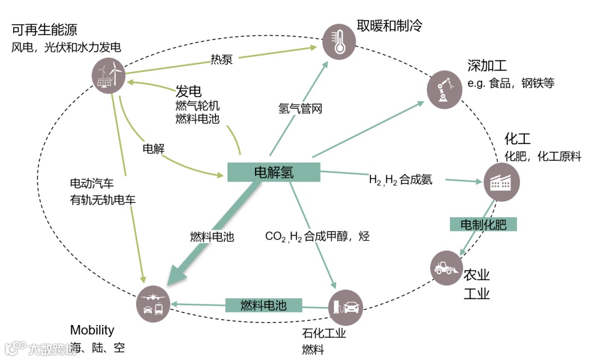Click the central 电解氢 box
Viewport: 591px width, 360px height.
coord(274,172)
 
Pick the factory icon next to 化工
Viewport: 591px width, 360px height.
coord(501,182)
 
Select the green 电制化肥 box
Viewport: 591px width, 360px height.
coord(483,224)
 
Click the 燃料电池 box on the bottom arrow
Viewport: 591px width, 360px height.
coord(264,305)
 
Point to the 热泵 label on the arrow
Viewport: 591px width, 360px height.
coord(222,59)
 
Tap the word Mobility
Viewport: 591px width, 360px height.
coord(92,330)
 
